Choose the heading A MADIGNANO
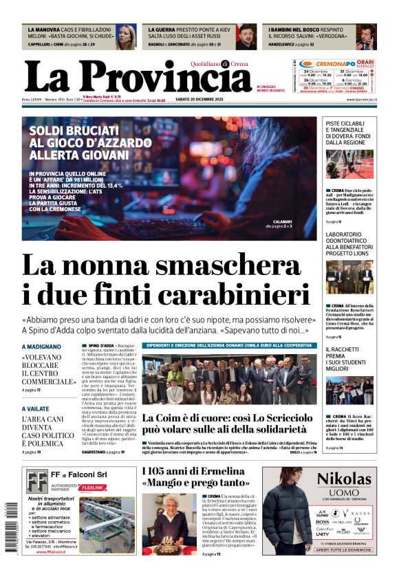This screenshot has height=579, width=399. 41,347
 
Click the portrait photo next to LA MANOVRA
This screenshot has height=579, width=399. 125,37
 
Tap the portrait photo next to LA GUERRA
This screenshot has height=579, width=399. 246,37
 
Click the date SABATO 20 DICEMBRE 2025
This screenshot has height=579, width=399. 204,100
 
